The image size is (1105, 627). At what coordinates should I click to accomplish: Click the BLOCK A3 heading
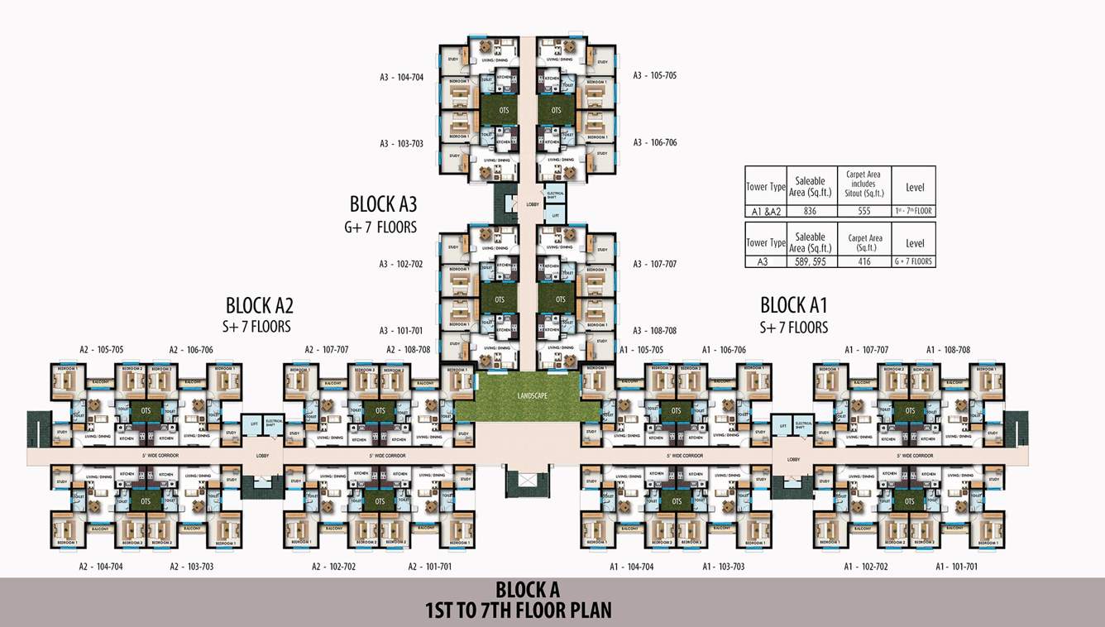[x=383, y=204]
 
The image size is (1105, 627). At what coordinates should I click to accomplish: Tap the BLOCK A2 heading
[x=259, y=304]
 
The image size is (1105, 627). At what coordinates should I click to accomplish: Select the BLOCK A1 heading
[x=793, y=304]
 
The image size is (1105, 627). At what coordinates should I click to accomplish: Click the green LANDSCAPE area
[x=528, y=396]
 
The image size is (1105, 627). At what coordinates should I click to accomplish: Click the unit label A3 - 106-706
[x=655, y=142]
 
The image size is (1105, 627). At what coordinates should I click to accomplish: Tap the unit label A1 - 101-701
[x=957, y=567]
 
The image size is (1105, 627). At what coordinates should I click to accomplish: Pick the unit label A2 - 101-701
[x=430, y=567]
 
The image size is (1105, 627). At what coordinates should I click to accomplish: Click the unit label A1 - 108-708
[x=948, y=350]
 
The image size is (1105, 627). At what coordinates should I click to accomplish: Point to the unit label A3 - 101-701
[x=401, y=330]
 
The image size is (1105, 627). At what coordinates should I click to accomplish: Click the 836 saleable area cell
[x=810, y=211]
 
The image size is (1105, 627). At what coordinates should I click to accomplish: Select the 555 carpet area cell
[x=864, y=211]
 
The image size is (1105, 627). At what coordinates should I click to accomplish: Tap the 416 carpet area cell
[x=864, y=261]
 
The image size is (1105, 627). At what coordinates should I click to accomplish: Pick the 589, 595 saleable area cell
[x=810, y=261]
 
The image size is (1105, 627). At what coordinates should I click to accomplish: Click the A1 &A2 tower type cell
[x=766, y=211]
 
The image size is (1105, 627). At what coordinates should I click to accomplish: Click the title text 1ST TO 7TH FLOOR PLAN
[x=518, y=611]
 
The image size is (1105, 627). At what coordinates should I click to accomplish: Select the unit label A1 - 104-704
[x=631, y=567]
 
